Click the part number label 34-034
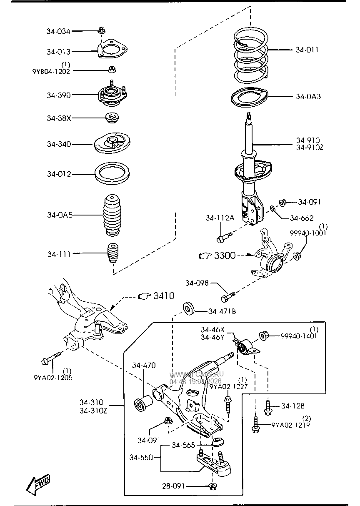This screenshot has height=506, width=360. [x=58, y=31]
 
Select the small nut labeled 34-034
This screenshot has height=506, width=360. [x=102, y=30]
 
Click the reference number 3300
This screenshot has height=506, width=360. [x=225, y=256]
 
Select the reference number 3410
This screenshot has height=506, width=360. [x=164, y=296]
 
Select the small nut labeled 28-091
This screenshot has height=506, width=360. [x=212, y=486]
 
